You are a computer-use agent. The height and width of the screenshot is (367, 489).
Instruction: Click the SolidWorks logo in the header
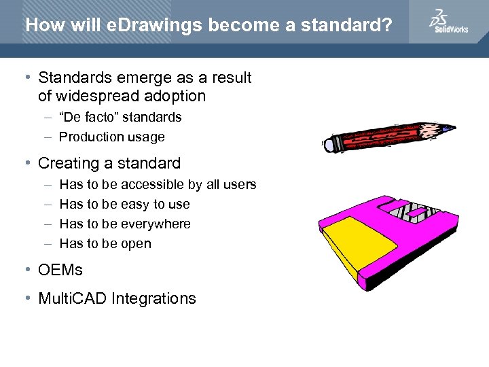click(448, 22)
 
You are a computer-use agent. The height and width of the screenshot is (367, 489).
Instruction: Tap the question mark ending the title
click(387, 25)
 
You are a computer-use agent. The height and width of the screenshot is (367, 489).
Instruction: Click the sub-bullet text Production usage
click(112, 137)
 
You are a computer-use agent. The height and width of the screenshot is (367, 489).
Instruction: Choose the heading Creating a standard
click(109, 163)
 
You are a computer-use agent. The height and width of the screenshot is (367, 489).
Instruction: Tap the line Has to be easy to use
click(125, 204)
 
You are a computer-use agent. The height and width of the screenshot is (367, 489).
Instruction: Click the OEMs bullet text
click(60, 270)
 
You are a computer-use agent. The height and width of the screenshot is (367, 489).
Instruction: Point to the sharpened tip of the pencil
click(450, 127)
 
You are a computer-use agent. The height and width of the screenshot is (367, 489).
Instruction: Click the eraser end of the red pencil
click(330, 144)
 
